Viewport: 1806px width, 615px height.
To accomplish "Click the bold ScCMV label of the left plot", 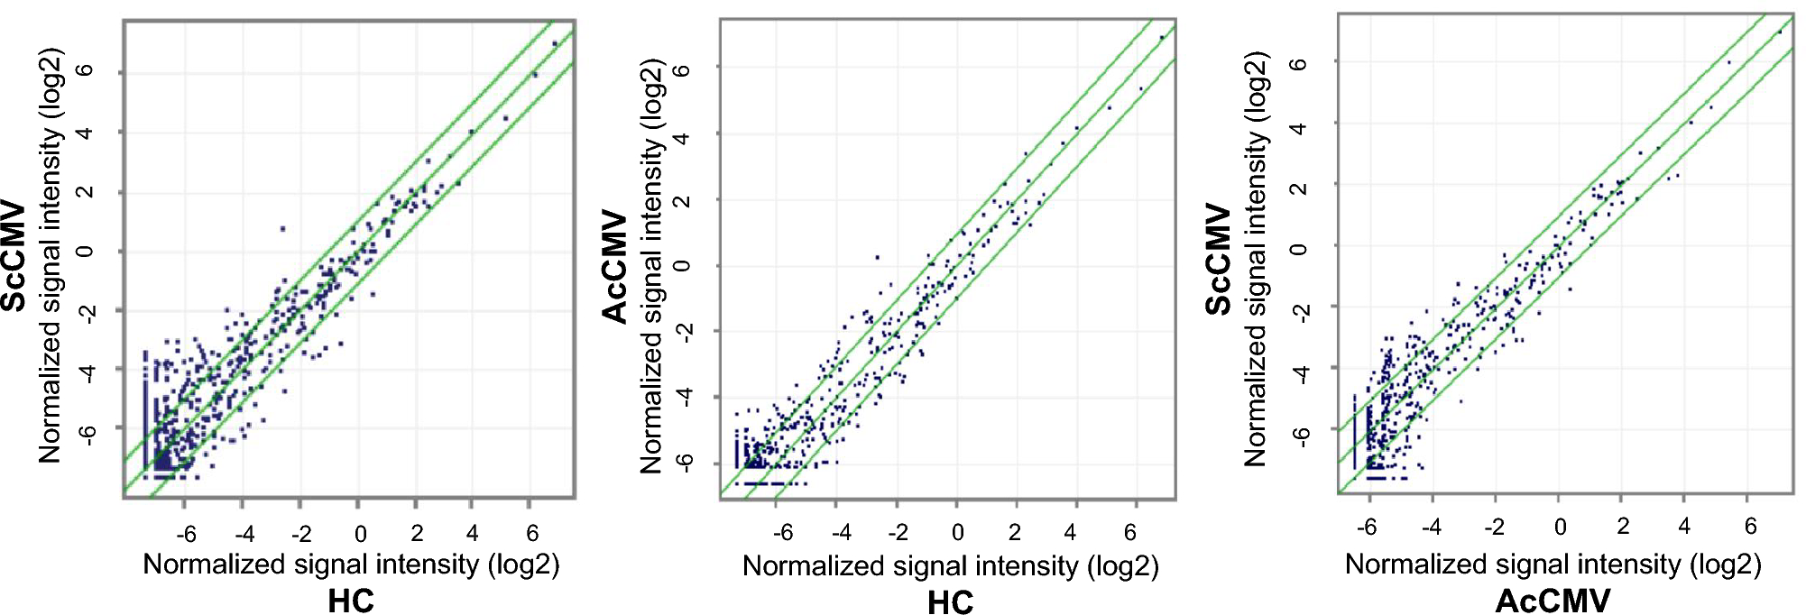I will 14,257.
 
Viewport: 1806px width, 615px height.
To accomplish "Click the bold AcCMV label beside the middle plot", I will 615,267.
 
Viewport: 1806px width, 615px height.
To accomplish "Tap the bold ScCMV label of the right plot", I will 1219,259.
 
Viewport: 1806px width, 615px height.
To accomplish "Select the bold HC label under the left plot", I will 350,601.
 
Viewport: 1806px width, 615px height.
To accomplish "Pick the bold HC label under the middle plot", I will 950,602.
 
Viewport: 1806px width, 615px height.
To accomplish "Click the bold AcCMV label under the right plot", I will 1552,601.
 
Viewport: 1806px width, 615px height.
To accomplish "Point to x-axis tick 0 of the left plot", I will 360,534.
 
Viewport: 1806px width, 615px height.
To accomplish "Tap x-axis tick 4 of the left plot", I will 472,533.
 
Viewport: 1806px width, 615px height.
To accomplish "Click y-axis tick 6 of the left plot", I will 85,72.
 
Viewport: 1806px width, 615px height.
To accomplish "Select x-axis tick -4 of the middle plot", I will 841,532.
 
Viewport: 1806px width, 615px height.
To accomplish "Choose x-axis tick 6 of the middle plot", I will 1129,532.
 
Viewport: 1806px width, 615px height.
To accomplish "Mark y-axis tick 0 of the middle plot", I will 683,265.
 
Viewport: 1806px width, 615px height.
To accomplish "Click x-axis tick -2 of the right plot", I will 1494,527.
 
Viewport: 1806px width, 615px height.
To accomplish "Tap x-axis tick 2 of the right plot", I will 1623,526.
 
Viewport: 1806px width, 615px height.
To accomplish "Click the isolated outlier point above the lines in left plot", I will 282,229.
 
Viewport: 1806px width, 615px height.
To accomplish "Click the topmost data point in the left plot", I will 555,43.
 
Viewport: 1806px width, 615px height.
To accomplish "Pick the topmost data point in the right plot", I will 1779,32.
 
